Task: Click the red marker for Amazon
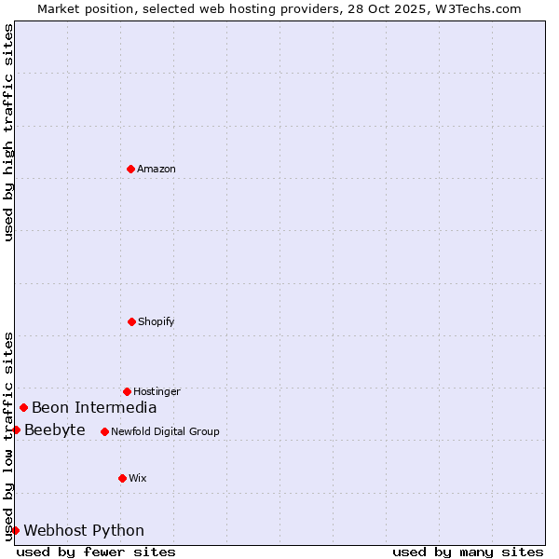point(130,169)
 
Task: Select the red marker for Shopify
point(131,321)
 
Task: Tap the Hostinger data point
point(127,391)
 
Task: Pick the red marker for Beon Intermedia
point(23,407)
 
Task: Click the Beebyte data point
point(16,429)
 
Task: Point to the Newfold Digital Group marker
point(104,431)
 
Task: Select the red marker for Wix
point(122,478)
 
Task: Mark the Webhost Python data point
point(15,530)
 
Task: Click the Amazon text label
point(157,169)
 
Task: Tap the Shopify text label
point(157,321)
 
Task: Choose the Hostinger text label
point(157,391)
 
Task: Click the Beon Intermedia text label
point(94,407)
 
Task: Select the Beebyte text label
point(55,429)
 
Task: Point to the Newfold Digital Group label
point(165,431)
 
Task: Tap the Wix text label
point(138,478)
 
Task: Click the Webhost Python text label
point(84,530)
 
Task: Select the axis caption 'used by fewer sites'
point(96,552)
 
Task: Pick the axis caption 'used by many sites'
point(468,552)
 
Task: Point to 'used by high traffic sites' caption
point(8,132)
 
